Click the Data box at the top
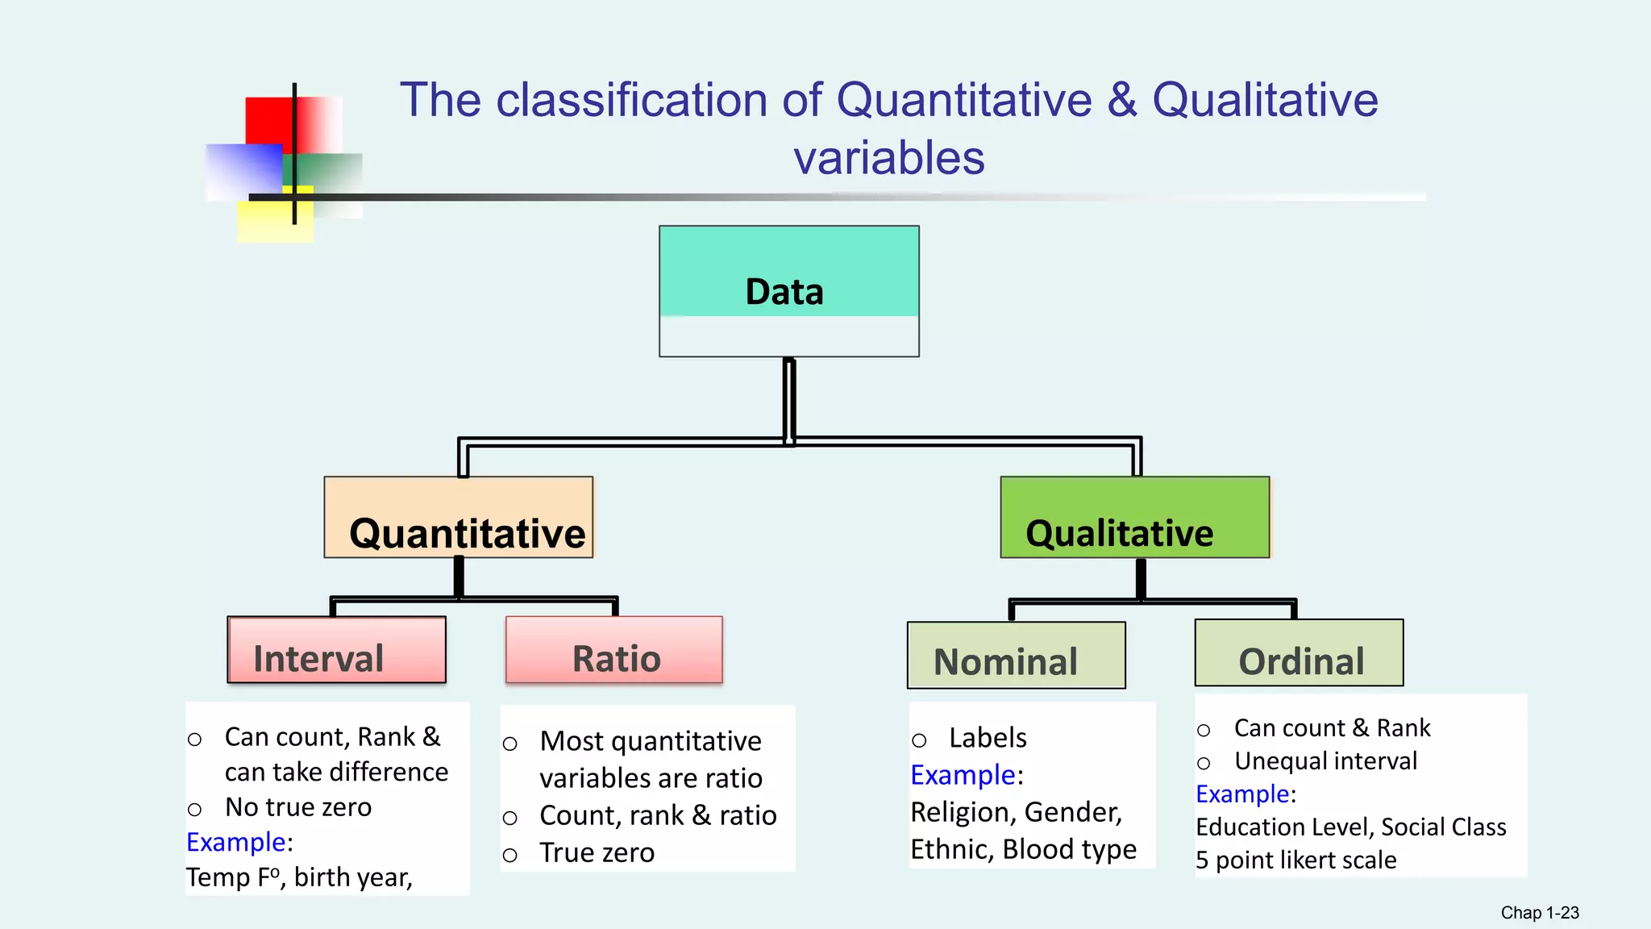click(x=788, y=290)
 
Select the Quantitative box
click(x=458, y=517)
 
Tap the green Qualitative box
click(x=1134, y=517)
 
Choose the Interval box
click(x=336, y=650)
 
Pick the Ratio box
click(x=613, y=650)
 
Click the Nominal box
click(x=1016, y=655)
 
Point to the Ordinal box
click(x=1299, y=652)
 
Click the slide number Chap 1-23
click(x=1539, y=913)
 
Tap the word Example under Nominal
click(x=963, y=775)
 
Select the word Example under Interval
click(x=236, y=842)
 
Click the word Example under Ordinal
click(x=1242, y=794)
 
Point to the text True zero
click(x=597, y=852)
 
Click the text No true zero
click(x=298, y=807)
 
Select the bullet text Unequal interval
click(x=1325, y=761)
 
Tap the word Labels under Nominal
click(x=988, y=738)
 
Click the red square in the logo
click(x=268, y=121)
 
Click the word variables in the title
click(x=888, y=157)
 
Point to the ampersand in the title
click(x=1121, y=100)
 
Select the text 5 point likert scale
click(x=1295, y=860)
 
